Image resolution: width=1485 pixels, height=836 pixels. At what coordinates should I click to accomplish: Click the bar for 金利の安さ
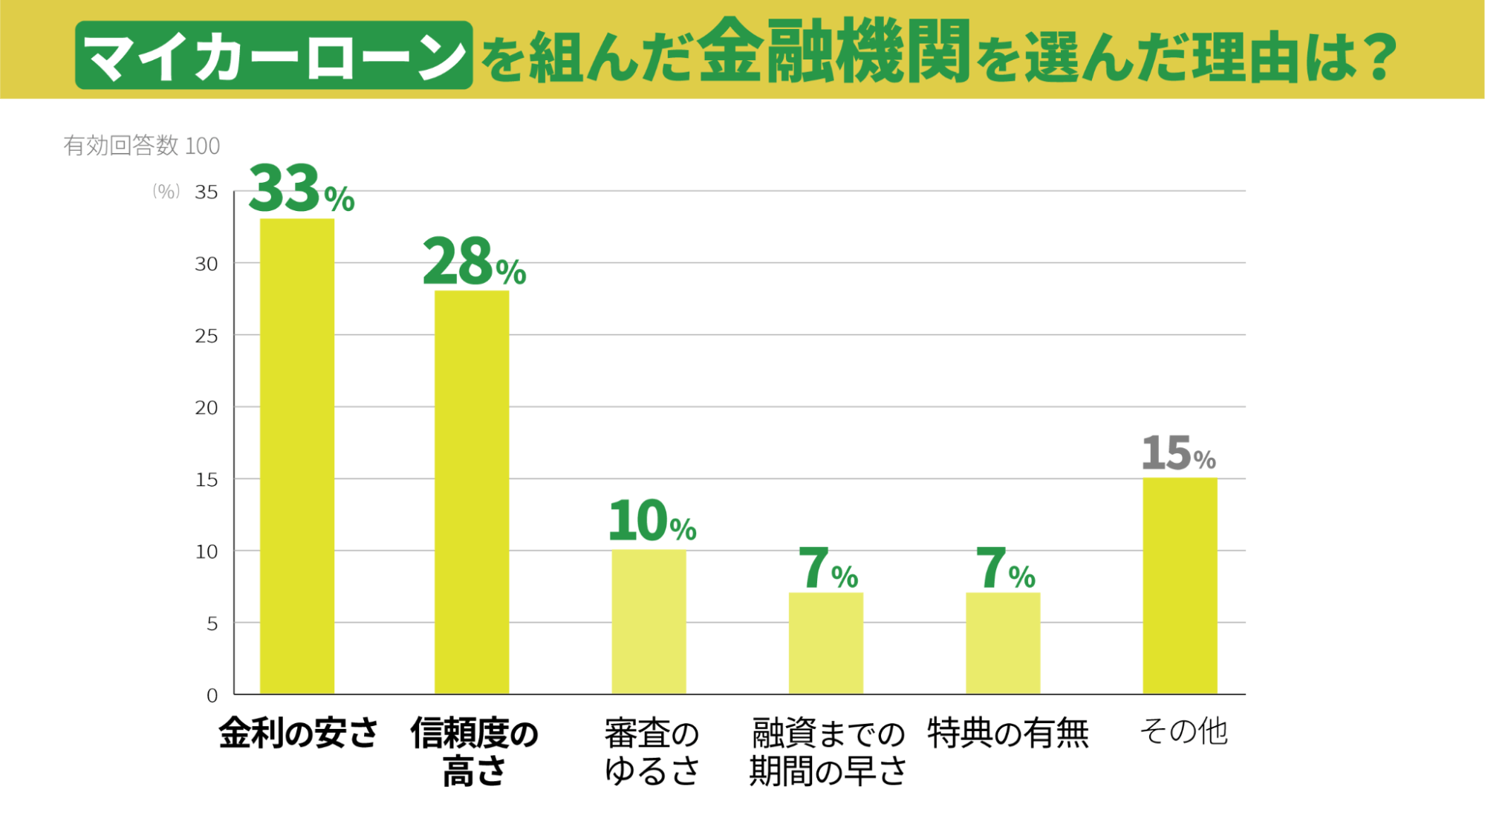(296, 456)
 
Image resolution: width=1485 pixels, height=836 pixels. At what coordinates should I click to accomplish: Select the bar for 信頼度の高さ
(472, 492)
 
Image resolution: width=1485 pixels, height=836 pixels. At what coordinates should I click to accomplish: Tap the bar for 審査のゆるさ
(649, 622)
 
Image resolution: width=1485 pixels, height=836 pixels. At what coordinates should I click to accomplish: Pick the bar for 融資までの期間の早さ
(825, 643)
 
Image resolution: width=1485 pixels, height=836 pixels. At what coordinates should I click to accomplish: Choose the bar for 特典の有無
(1003, 643)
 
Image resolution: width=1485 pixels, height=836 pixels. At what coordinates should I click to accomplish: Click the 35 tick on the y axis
(207, 192)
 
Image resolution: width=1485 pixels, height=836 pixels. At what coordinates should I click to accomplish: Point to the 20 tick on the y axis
(207, 408)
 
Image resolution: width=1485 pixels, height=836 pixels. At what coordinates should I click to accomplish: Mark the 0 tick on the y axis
(212, 696)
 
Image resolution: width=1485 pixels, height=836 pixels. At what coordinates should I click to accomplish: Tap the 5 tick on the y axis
(212, 623)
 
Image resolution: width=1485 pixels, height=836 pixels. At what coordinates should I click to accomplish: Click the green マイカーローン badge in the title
(273, 56)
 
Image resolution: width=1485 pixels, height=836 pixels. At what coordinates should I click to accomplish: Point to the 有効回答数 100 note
(141, 146)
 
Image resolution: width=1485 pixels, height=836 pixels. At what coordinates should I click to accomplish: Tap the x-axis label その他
(1183, 731)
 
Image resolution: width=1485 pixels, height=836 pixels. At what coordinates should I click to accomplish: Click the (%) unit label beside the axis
(166, 192)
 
